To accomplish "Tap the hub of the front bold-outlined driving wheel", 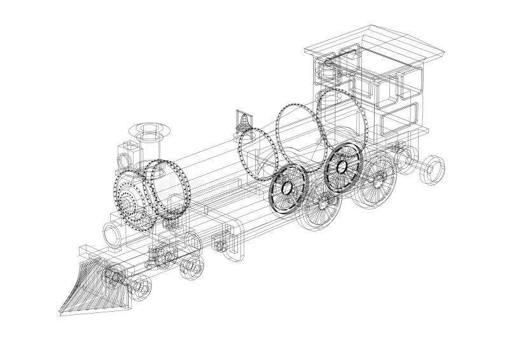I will point(287,188).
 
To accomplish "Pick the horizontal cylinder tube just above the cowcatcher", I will point(112,235).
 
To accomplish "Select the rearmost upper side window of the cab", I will point(407,83).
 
